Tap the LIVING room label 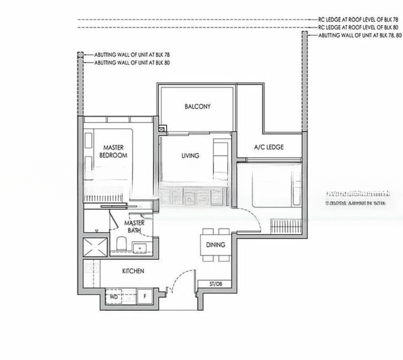point(190,156)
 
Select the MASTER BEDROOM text point(113,151)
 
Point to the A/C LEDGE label point(269,147)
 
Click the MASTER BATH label point(134,226)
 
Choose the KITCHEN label point(133,271)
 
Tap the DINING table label point(215,245)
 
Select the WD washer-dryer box point(114,296)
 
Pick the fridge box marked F point(144,296)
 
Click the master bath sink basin point(143,246)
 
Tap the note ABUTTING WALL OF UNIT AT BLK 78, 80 point(353,35)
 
